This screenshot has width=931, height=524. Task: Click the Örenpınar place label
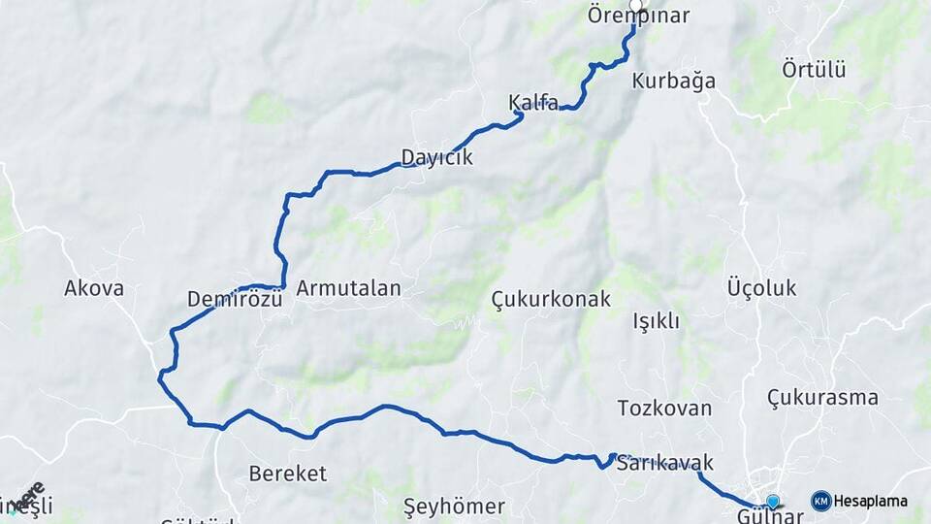(638, 16)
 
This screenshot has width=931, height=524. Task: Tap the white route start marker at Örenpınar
(635, 5)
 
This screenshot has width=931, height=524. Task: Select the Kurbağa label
(673, 81)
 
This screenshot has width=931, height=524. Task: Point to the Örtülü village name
(814, 69)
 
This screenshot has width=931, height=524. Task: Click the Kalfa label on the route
(533, 103)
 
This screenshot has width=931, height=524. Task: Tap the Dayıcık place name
(436, 156)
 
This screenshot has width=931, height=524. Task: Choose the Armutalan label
(348, 288)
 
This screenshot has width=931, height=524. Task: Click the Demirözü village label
(235, 299)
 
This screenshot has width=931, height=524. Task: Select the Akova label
(94, 288)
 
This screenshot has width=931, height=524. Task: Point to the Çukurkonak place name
(551, 299)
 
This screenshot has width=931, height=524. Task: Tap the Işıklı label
(657, 321)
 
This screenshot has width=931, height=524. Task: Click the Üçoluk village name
(761, 288)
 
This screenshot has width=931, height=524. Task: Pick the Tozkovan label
(664, 409)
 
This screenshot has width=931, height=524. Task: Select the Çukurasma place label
(822, 397)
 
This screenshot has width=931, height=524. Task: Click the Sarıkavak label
(665, 463)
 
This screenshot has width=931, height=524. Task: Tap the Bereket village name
(288, 474)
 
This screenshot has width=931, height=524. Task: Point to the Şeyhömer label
(454, 507)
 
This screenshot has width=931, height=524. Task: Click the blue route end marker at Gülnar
(773, 501)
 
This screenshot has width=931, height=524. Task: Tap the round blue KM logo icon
(821, 501)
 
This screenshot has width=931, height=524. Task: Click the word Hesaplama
(871, 501)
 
